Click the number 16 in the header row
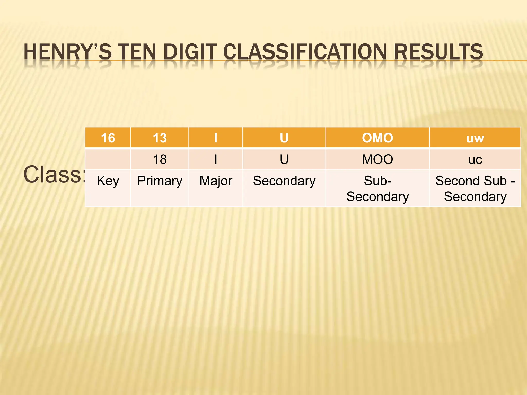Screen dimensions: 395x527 click(x=108, y=138)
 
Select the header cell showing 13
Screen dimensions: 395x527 click(x=160, y=138)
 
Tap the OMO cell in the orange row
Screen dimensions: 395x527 click(x=377, y=138)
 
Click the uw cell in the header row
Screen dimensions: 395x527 click(x=475, y=138)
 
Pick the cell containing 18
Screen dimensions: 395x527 click(x=160, y=159)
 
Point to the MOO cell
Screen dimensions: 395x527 click(x=377, y=159)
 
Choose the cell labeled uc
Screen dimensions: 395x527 click(x=475, y=160)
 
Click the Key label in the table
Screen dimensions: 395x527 click(x=108, y=181)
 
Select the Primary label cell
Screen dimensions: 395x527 click(x=160, y=181)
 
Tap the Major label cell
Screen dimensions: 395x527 click(x=216, y=181)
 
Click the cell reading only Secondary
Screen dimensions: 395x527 click(x=284, y=181)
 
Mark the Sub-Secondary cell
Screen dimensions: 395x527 click(x=377, y=189)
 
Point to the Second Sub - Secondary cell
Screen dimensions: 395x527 click(x=475, y=189)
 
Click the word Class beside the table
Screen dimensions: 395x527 click(x=53, y=175)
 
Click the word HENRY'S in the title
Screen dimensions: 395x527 click(x=67, y=52)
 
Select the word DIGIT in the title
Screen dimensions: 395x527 click(x=190, y=52)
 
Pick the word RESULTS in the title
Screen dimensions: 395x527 click(x=438, y=52)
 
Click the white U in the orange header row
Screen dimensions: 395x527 click(x=284, y=138)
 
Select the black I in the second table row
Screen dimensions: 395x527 click(x=216, y=159)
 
